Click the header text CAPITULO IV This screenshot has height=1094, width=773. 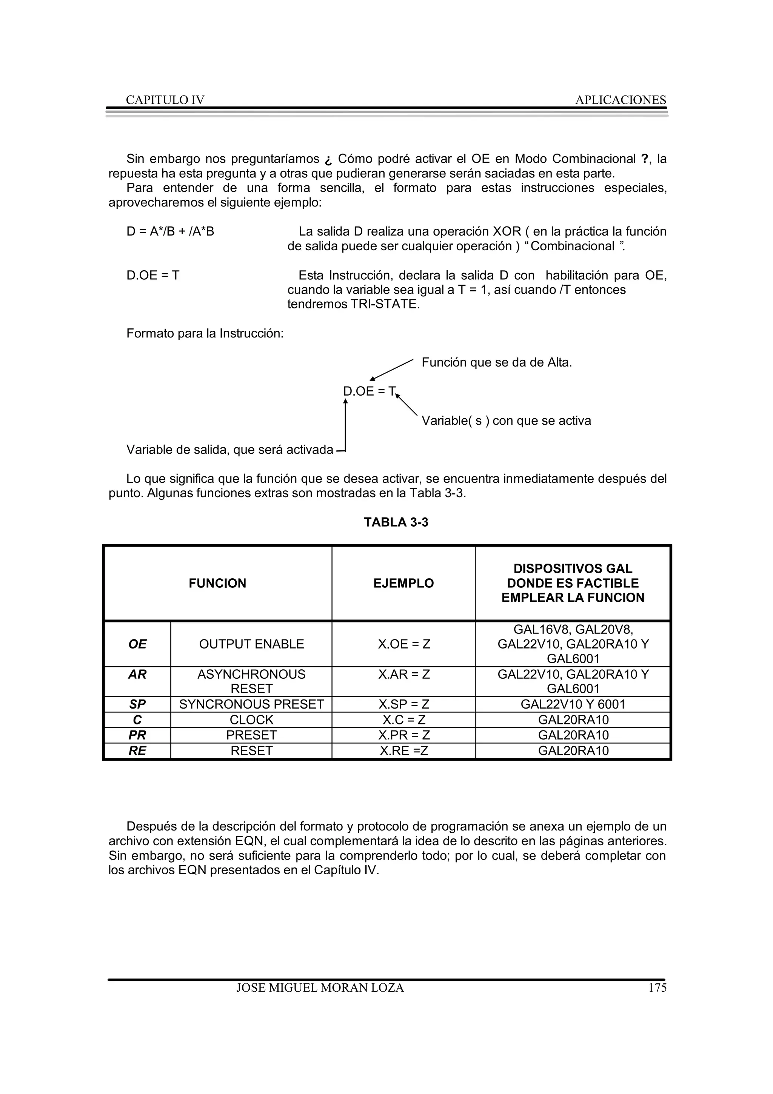point(165,100)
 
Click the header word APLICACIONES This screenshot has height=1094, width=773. point(620,100)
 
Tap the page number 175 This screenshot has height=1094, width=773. point(657,988)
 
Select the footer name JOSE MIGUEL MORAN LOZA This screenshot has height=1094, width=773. point(320,988)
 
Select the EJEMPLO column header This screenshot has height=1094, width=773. point(403,583)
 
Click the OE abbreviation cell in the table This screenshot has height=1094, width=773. point(137,644)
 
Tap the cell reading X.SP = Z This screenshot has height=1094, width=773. point(404,704)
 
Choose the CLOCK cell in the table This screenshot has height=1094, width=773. point(251,720)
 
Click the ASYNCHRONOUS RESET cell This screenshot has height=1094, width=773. point(251,681)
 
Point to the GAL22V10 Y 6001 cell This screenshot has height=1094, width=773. point(573,704)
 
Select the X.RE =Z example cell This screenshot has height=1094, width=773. point(404,750)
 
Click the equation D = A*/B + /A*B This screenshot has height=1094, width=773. point(170,231)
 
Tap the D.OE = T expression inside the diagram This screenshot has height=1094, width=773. point(369,392)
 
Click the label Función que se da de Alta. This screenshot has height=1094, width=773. point(496,363)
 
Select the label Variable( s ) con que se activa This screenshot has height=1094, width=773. point(506,421)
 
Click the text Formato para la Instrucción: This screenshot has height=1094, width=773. point(205,334)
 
